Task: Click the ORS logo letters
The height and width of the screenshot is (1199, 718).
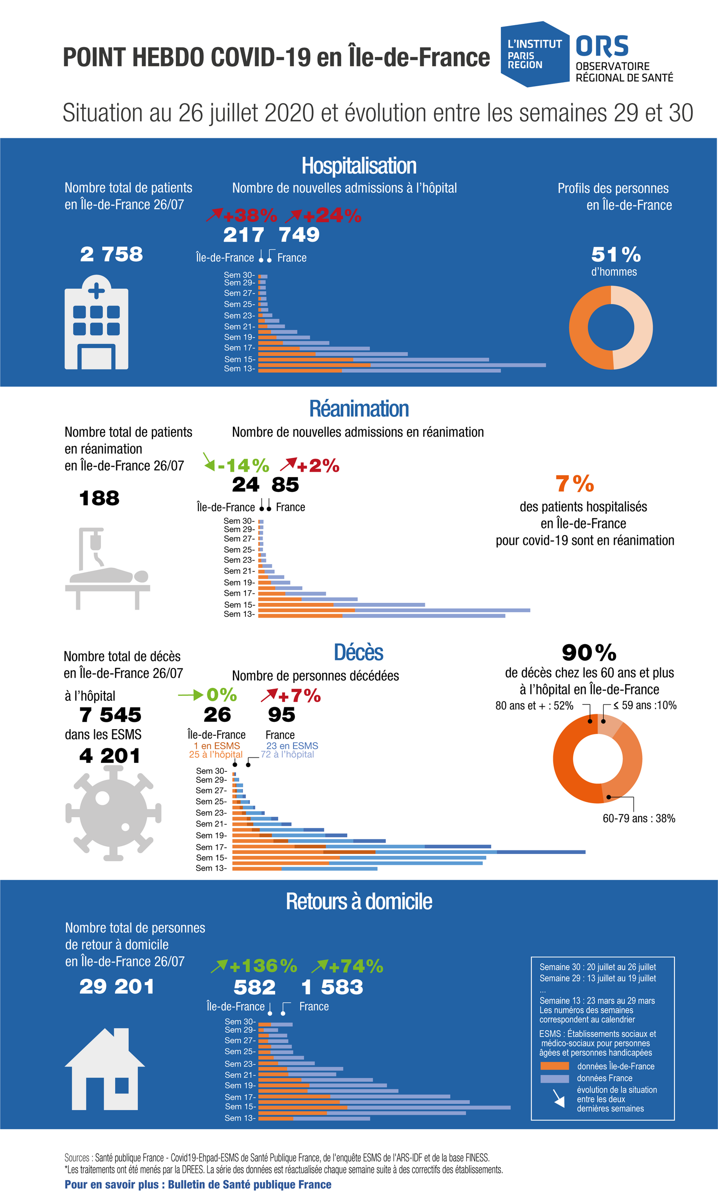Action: tap(602, 46)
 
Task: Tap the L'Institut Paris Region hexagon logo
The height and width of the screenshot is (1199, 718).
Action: tap(534, 54)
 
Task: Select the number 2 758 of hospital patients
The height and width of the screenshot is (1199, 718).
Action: tap(112, 254)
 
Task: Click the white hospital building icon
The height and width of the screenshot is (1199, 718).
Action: tap(96, 323)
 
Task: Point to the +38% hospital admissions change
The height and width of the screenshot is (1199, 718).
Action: tap(249, 215)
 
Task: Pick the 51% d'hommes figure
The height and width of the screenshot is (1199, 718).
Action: tap(616, 255)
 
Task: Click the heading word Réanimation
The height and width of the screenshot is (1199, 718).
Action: tap(359, 409)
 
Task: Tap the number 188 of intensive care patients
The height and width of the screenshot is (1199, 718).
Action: tap(99, 498)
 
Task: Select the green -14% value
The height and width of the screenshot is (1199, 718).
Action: tap(243, 466)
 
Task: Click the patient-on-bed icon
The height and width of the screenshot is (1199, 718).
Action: tap(107, 569)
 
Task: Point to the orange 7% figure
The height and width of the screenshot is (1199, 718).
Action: tap(575, 484)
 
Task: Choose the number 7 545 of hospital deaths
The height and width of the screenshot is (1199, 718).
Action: tap(110, 715)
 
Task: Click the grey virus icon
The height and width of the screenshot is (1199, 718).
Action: tap(113, 814)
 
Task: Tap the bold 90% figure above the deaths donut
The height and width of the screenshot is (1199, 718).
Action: tap(589, 653)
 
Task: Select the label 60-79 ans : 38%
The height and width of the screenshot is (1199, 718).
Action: tap(639, 819)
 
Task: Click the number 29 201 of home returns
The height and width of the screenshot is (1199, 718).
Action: tap(117, 987)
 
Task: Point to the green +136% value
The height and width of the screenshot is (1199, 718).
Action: tap(263, 966)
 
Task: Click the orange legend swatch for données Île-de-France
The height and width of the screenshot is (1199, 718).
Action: tap(555, 1066)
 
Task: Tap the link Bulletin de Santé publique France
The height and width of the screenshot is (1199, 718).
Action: tap(250, 1185)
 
